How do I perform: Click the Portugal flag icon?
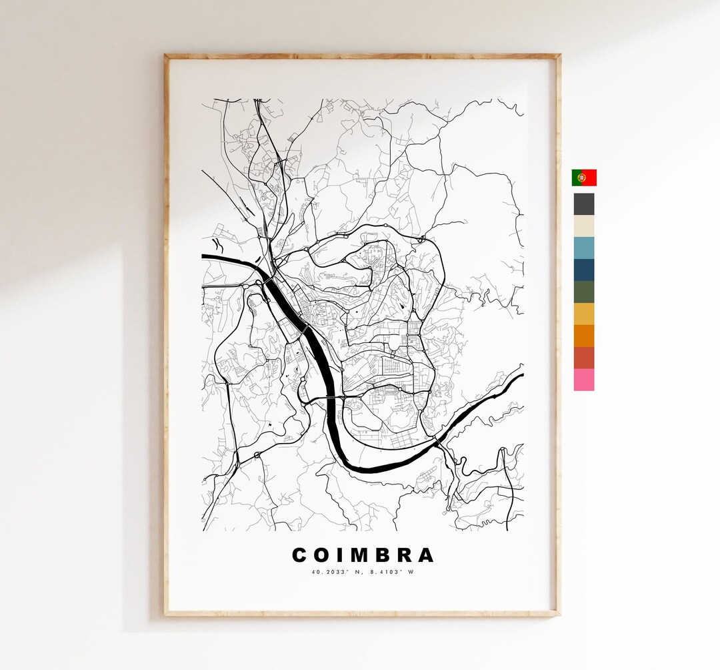(584, 178)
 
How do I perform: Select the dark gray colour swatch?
(584, 204)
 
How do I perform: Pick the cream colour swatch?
(584, 226)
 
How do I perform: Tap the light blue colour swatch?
(584, 248)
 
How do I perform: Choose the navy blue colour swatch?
(584, 270)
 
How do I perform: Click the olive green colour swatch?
(584, 292)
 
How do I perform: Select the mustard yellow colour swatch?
(584, 314)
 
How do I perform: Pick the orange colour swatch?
(584, 336)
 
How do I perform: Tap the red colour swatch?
(584, 358)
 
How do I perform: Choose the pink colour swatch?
(584, 380)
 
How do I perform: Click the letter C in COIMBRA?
(300, 555)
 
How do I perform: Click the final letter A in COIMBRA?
(425, 555)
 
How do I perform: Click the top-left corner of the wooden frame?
(167, 57)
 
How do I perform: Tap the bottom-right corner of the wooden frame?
(558, 613)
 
